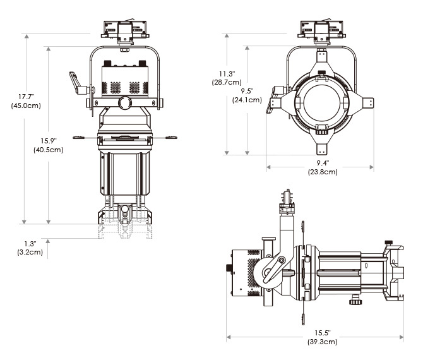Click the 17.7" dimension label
(25, 97)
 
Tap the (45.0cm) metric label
(26, 105)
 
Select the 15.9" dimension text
(48, 140)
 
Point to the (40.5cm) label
(48, 150)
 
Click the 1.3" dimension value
(30, 243)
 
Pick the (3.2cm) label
(30, 252)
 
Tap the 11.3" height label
(226, 73)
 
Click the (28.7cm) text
(226, 82)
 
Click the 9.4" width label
(321, 163)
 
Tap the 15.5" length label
(321, 333)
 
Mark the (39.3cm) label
(321, 342)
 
